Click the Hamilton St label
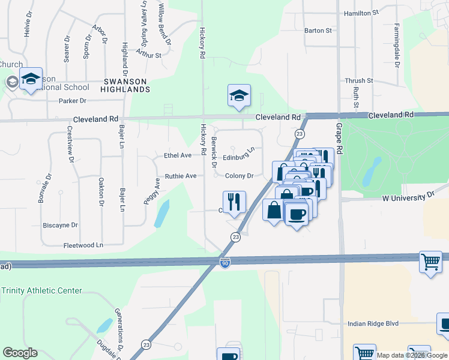pyautogui.click(x=361, y=13)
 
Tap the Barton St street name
pyautogui.click(x=318, y=31)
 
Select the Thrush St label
pyautogui.click(x=359, y=81)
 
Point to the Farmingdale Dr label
pyautogui.click(x=397, y=45)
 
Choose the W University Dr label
pyautogui.click(x=408, y=196)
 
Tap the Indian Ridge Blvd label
pyautogui.click(x=373, y=324)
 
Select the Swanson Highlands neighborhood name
pyautogui.click(x=126, y=85)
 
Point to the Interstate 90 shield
pyautogui.click(x=224, y=264)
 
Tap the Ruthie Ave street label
pyautogui.click(x=181, y=176)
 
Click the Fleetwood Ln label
pyautogui.click(x=83, y=245)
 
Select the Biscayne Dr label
pyautogui.click(x=61, y=226)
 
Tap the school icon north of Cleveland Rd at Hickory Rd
pyautogui.click(x=238, y=95)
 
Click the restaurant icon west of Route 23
pyautogui.click(x=234, y=201)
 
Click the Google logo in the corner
pyautogui.click(x=20, y=353)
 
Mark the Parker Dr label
pyautogui.click(x=73, y=101)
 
